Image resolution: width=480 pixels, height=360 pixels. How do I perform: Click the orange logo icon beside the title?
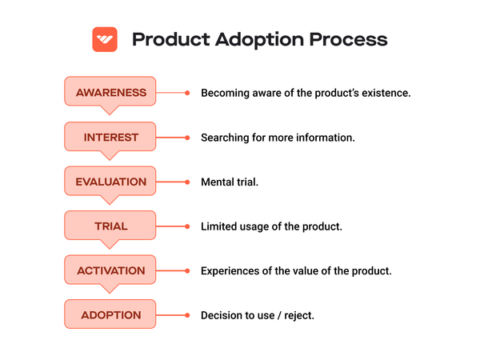[105, 39]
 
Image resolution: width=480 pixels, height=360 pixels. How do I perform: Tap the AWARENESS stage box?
[111, 92]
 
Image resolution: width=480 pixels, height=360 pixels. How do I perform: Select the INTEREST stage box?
[111, 137]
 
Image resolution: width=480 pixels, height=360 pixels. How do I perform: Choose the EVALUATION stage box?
[111, 182]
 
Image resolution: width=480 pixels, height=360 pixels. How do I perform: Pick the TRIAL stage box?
[111, 226]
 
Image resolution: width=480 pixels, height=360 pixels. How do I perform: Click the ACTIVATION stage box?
[111, 270]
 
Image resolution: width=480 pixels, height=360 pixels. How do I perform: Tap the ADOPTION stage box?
[111, 315]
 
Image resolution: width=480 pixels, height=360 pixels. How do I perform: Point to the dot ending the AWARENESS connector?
[187, 93]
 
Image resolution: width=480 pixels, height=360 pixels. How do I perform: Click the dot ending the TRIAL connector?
[187, 226]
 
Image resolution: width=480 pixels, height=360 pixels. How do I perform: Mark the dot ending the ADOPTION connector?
[187, 315]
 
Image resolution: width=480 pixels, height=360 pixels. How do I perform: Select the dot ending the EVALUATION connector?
[187, 182]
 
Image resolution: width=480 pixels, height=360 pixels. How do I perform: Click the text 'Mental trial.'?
[230, 182]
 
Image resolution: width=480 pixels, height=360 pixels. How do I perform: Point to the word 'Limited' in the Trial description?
[220, 226]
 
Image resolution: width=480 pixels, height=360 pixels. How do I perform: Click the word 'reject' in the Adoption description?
[298, 316]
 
